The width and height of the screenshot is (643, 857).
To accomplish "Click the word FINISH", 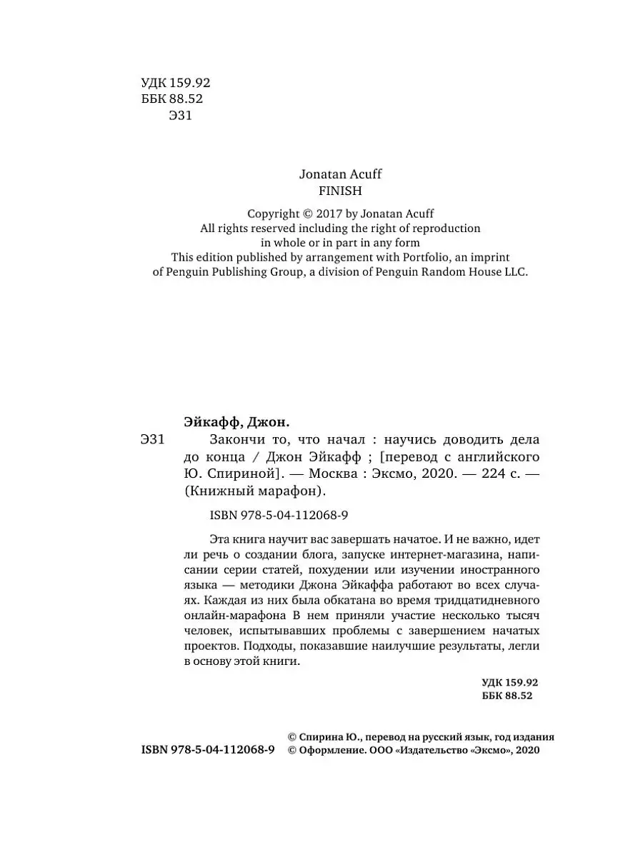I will tap(339, 191).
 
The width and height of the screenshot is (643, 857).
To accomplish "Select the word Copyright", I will tap(274, 214).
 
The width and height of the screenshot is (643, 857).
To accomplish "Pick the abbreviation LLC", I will tap(514, 272).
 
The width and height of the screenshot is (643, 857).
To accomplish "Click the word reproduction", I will tap(445, 228).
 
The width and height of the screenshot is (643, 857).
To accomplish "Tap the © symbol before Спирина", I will tap(291, 736).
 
